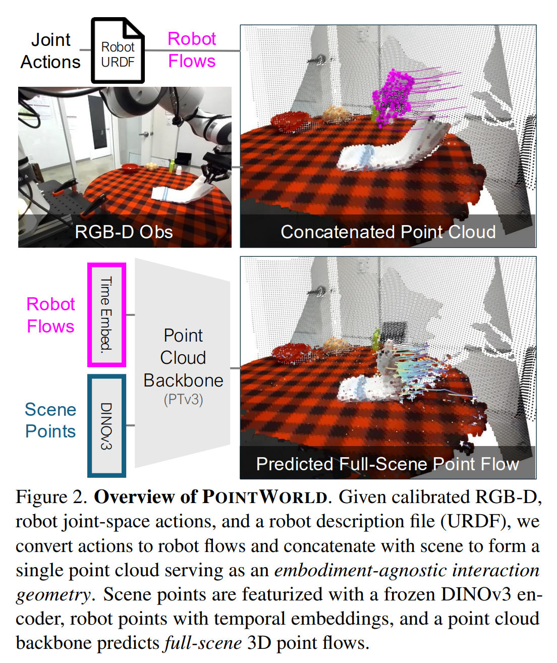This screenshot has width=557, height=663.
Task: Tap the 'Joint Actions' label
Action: pos(50,51)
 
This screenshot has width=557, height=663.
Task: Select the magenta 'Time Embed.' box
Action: pos(106,314)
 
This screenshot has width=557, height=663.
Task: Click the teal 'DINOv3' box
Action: pos(106,425)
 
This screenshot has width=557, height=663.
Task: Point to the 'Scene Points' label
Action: pos(50,420)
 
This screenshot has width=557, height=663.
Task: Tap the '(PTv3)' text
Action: pos(183,400)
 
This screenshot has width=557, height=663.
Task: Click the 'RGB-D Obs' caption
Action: pos(124,232)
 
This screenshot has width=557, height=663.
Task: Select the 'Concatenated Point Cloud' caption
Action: pos(388,232)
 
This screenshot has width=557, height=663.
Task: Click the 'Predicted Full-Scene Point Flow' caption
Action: pos(387,464)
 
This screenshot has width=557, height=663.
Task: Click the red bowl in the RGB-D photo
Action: pos(130,168)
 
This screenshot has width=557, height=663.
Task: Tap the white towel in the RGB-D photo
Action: pos(182,192)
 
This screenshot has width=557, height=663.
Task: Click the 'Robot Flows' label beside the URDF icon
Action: pos(192,50)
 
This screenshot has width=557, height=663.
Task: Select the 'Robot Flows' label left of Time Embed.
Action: pos(50,315)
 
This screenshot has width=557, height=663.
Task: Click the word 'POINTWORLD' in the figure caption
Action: pos(265,497)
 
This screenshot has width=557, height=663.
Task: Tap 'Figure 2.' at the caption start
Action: pos(52,497)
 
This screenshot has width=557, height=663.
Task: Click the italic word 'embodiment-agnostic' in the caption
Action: pos(360,570)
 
